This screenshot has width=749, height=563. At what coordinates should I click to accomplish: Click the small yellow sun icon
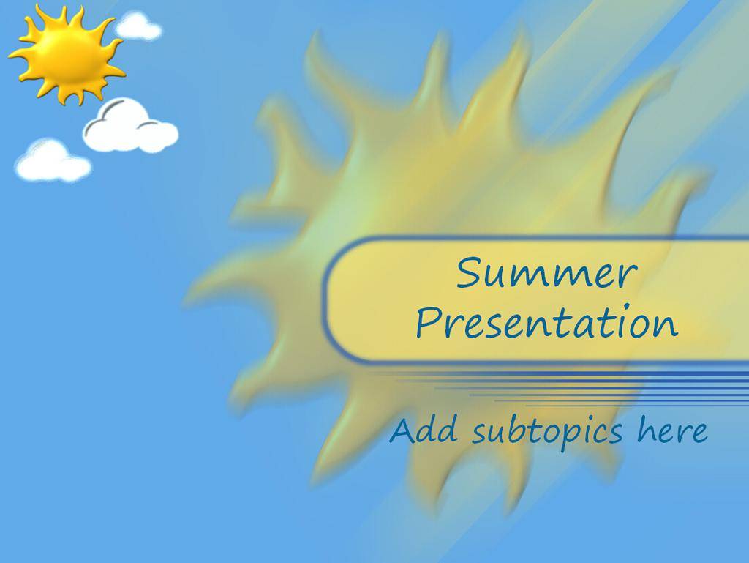(x=67, y=55)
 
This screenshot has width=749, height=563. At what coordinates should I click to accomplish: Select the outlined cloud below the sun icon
(x=130, y=126)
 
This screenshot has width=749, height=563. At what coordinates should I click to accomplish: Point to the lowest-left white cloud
(x=53, y=160)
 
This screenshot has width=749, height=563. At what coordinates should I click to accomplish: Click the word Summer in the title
(x=546, y=272)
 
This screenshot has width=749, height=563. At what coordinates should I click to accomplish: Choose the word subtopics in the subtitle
(x=547, y=431)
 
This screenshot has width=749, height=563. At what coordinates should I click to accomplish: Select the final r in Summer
(x=628, y=277)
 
